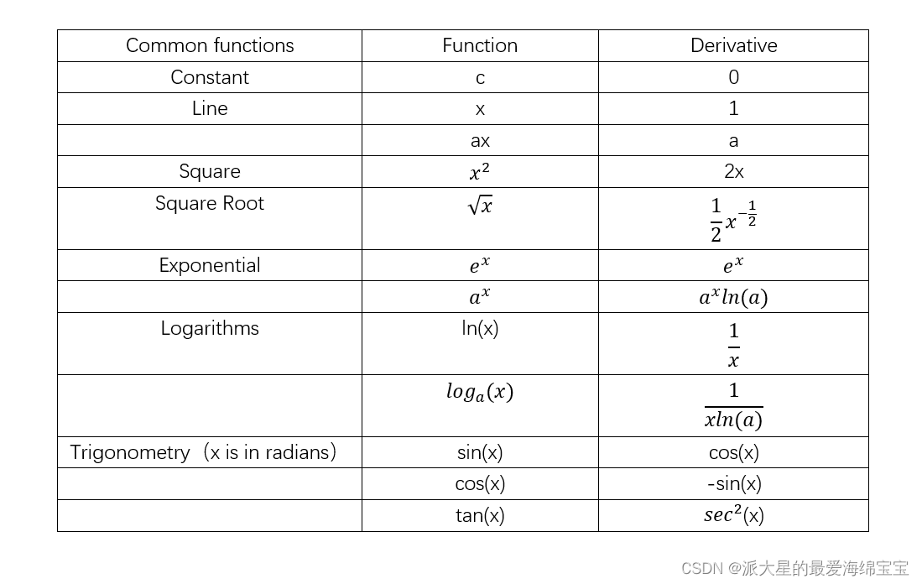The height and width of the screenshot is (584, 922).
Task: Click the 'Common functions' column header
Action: pos(210,45)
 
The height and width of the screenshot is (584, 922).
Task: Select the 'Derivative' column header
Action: pos(734,45)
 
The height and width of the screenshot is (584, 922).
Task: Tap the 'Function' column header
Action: pos(480,45)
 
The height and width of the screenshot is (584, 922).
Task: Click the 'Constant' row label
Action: pos(210,77)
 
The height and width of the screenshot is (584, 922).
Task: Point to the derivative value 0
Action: pos(734,77)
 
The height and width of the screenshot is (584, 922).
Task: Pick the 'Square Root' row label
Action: pos(210,203)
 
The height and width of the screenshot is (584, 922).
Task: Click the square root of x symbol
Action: pos(480,206)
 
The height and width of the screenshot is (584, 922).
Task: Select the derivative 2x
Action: pos(734,171)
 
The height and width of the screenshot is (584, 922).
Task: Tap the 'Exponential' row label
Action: pos(210,265)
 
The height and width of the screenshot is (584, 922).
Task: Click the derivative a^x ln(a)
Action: pos(734,297)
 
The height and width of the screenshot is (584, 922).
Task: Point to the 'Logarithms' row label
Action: pos(210,328)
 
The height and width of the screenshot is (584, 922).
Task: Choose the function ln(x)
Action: pos(480,328)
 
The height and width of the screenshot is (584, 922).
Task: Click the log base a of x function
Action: pos(480,392)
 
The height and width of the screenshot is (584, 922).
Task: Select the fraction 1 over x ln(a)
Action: pos(734,406)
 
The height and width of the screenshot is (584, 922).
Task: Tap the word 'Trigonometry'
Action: pos(130,452)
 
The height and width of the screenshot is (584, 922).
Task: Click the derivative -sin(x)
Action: pos(734,483)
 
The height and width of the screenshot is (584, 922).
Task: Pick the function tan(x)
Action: pos(480,515)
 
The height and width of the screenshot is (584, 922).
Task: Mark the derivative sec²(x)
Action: pos(734,514)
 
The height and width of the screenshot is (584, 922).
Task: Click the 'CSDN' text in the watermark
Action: pos(701,568)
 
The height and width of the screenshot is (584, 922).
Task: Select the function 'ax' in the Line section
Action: pos(480,141)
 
